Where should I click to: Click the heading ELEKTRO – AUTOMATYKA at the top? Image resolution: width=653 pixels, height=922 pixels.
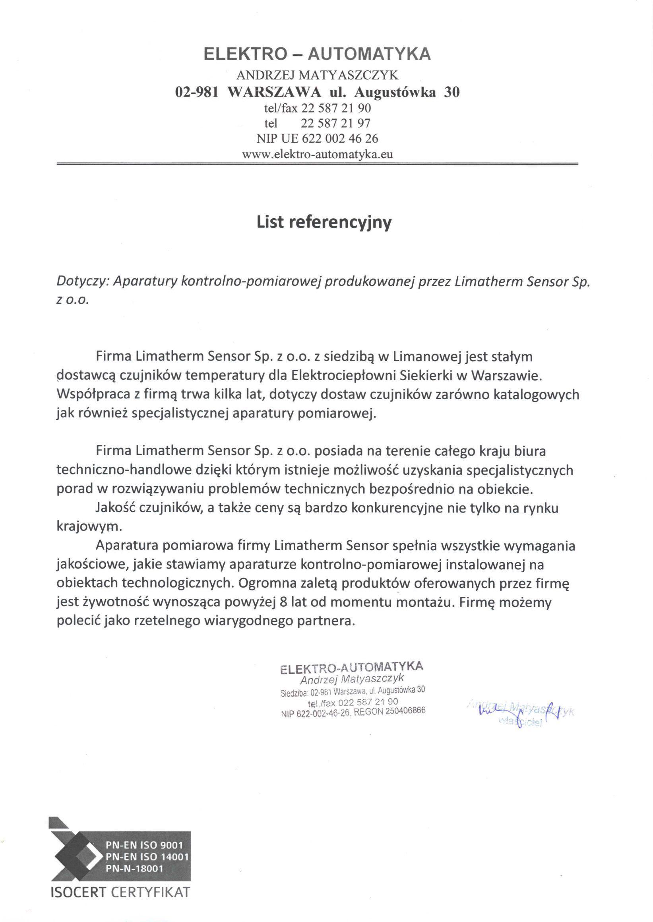point(317,54)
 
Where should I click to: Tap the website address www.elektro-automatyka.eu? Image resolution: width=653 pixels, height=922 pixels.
point(317,155)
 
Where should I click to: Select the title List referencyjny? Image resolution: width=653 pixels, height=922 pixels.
point(324,223)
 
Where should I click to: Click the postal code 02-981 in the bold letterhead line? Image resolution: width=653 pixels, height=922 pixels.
point(197,93)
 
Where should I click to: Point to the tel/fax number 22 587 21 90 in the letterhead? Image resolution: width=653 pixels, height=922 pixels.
point(336,108)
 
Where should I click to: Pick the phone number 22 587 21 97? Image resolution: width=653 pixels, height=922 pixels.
point(335,123)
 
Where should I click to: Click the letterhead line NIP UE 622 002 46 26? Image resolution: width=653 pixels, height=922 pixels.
point(317,138)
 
